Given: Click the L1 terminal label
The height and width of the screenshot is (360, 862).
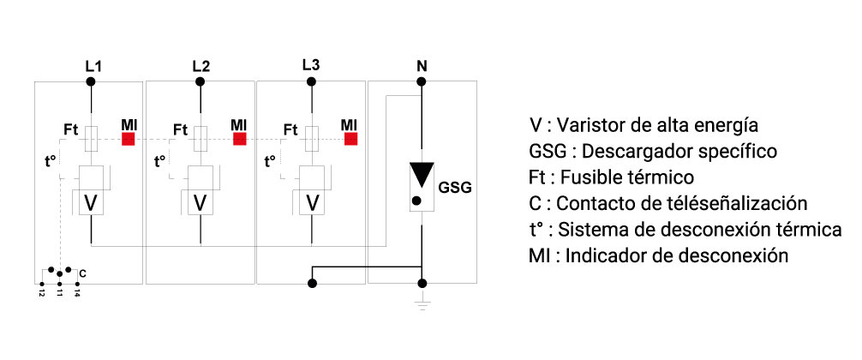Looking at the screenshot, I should click(92, 65).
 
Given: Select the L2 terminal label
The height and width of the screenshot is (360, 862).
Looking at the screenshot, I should click(201, 65).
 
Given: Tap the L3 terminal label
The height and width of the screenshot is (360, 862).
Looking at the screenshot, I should click(311, 65).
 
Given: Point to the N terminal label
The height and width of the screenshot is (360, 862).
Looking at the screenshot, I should click(421, 65).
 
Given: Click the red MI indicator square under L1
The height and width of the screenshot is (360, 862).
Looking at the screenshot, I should click(129, 138).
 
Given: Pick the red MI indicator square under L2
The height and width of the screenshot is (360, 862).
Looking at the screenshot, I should click(239, 138).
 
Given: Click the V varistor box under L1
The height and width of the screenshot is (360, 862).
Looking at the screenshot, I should click(91, 203).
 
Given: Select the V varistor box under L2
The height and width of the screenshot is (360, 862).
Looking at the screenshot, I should click(201, 203).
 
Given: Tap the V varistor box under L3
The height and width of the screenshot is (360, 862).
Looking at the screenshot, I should click(311, 203).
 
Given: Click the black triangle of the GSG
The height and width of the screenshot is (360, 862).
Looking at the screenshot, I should click(421, 175).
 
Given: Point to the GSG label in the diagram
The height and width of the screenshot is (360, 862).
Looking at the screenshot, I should click(455, 187).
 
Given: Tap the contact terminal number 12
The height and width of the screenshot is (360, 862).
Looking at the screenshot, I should click(41, 291).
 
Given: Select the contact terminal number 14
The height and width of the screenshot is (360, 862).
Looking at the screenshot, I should click(77, 291).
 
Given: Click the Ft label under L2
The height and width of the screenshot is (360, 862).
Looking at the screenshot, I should click(180, 129).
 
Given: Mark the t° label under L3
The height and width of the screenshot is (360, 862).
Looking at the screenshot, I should click(271, 160).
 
